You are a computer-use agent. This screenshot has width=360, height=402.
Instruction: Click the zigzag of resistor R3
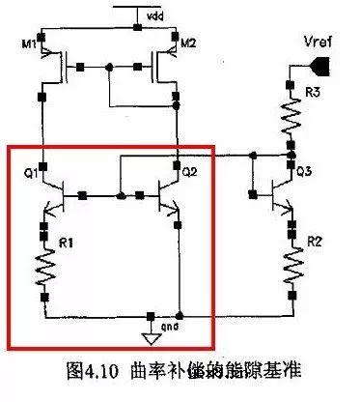(x=289, y=117)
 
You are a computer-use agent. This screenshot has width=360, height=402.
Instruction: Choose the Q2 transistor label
(x=188, y=174)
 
